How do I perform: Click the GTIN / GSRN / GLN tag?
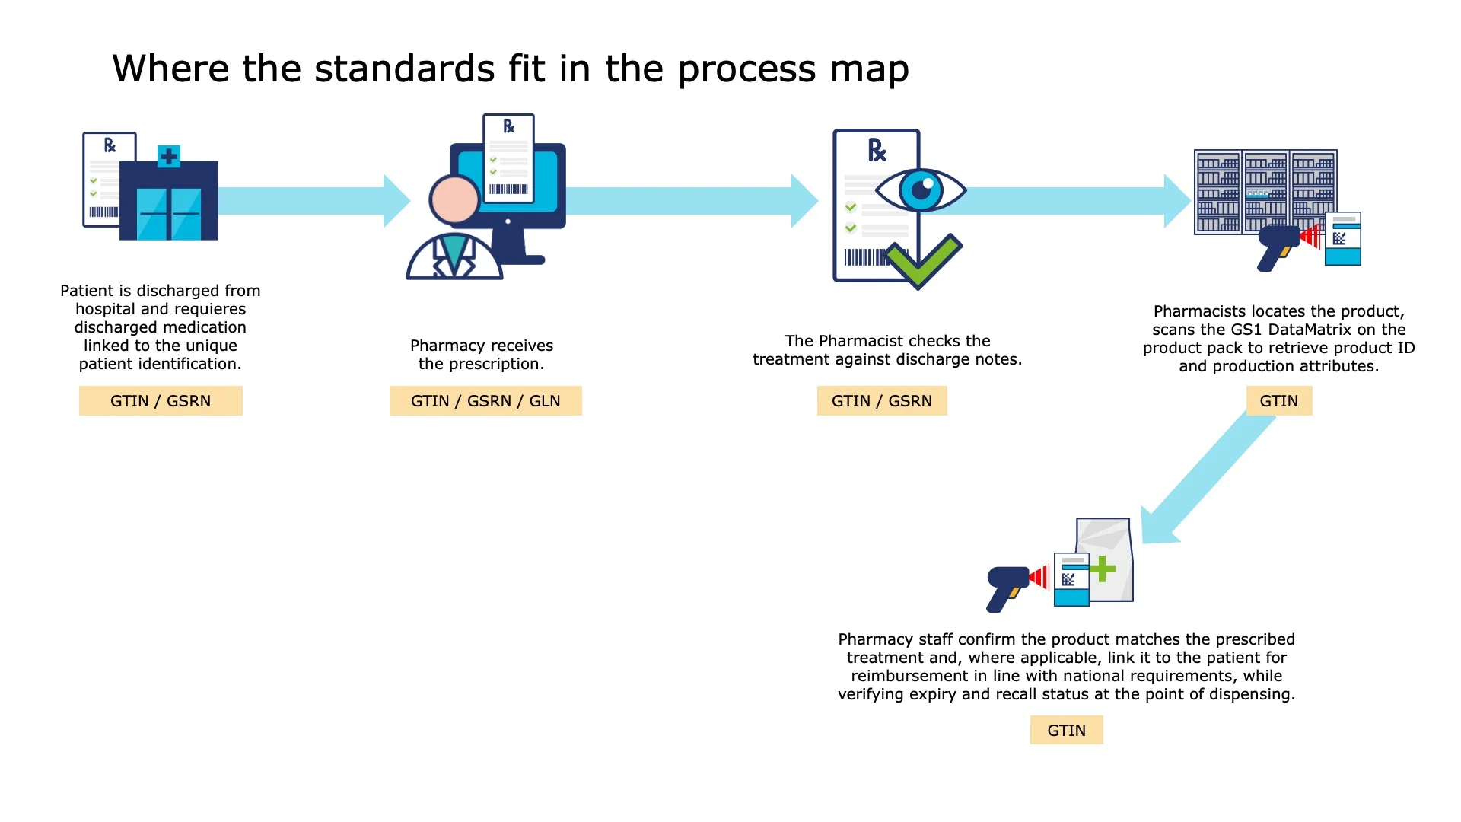point(485,401)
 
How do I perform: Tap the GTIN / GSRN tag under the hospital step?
point(161,401)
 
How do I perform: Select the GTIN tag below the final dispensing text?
point(1066,731)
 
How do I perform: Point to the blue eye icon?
point(921,190)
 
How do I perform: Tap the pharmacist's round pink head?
point(454,199)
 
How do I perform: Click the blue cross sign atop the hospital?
point(169,157)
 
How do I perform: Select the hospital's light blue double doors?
point(169,214)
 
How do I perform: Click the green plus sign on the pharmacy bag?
point(1102,569)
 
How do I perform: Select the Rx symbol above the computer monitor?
point(509,126)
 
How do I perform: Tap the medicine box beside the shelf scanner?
point(1343,239)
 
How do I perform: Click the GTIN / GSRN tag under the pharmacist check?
point(881,401)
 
